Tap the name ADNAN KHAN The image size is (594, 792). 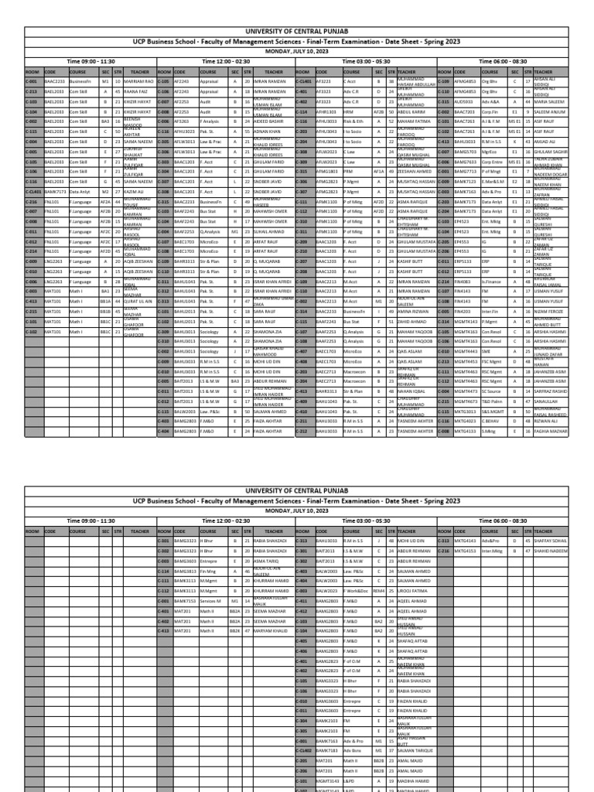point(265,131)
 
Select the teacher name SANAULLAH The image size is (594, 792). point(544,401)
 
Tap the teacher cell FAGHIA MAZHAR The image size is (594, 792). point(551,430)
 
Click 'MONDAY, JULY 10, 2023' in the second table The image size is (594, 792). point(297,510)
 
